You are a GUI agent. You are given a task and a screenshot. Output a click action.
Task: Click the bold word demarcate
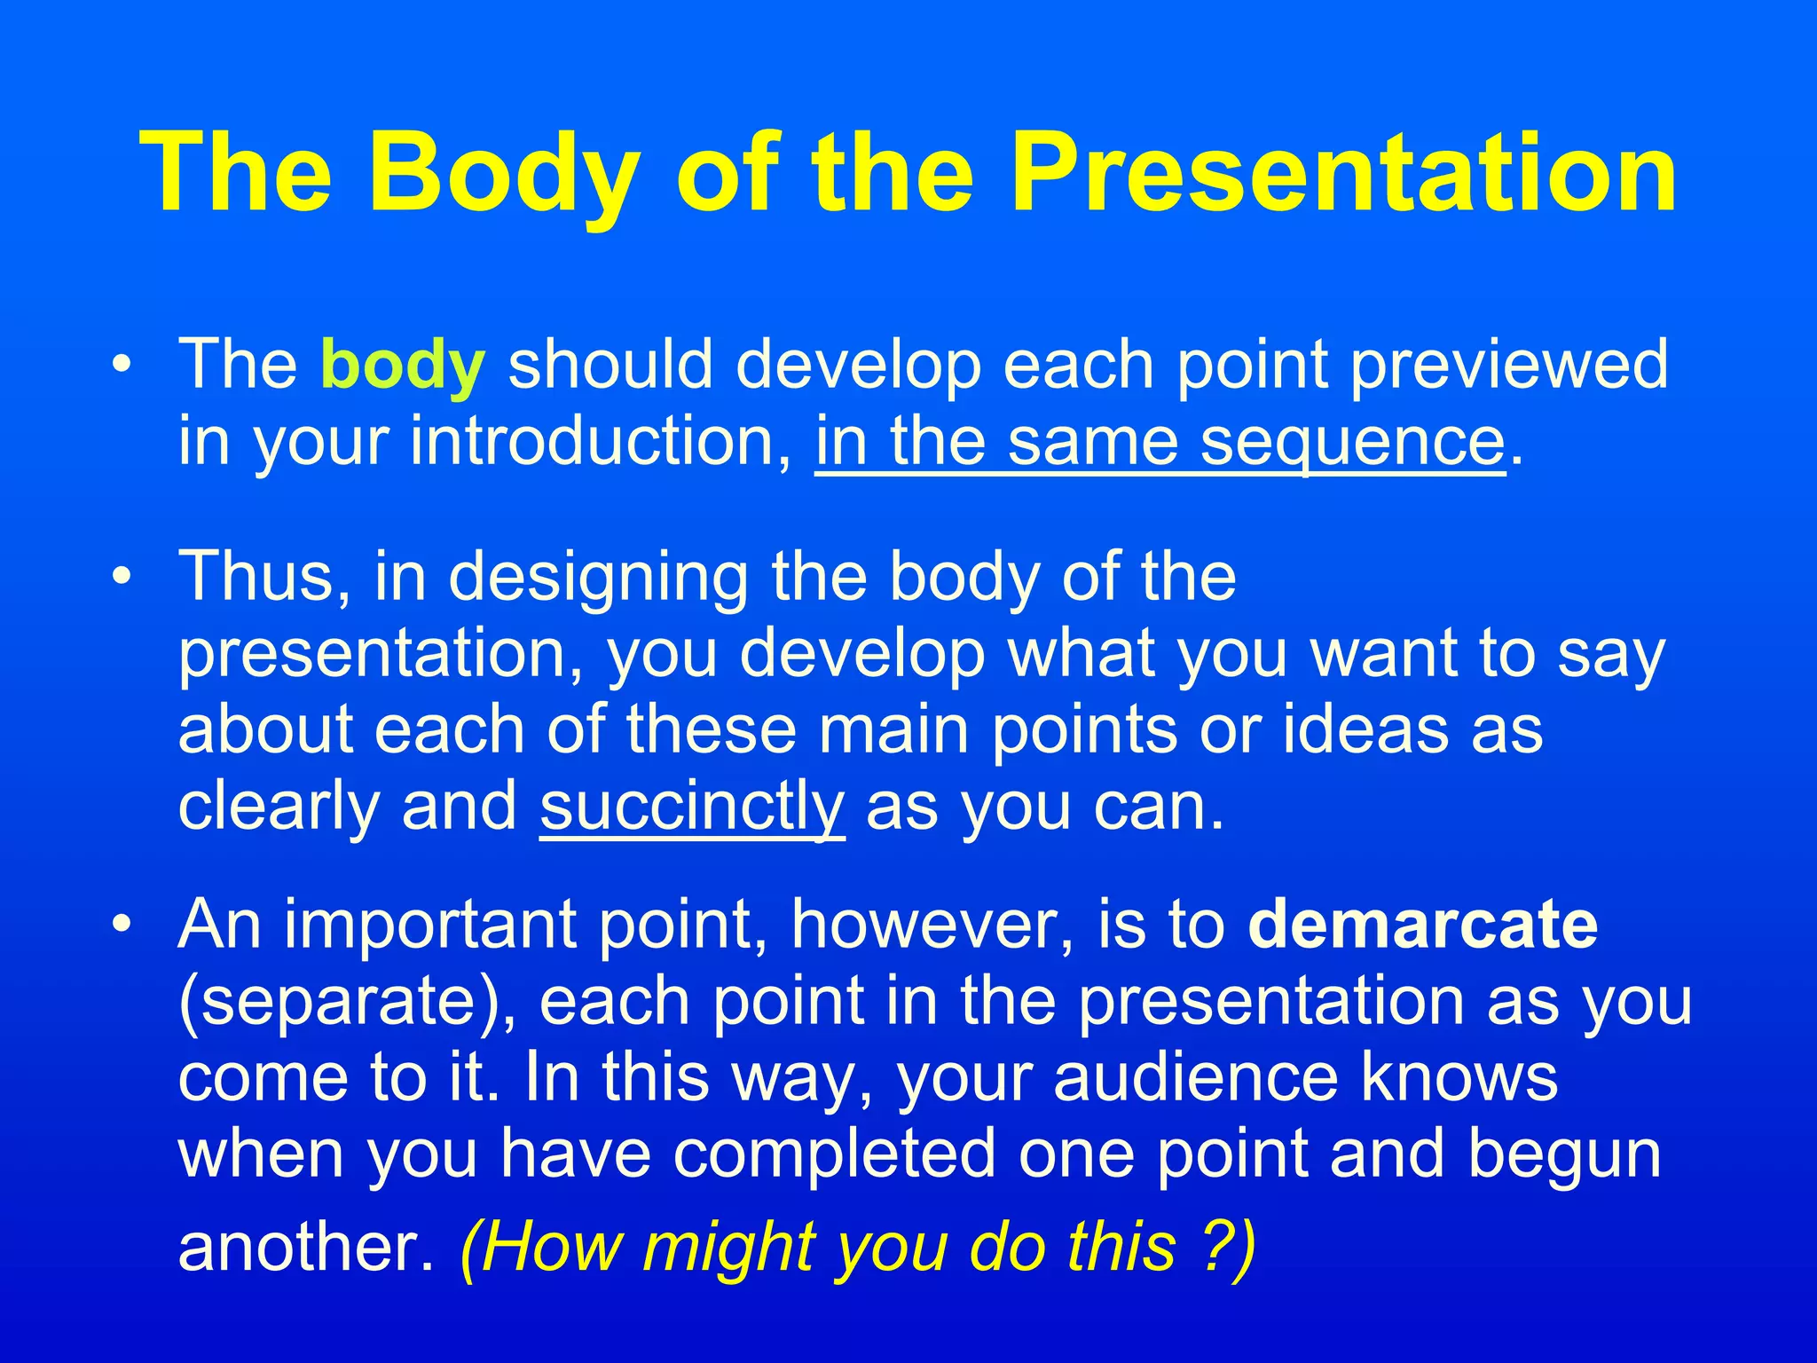click(x=1422, y=925)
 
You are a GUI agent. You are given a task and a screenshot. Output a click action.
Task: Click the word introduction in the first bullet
click(x=599, y=442)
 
